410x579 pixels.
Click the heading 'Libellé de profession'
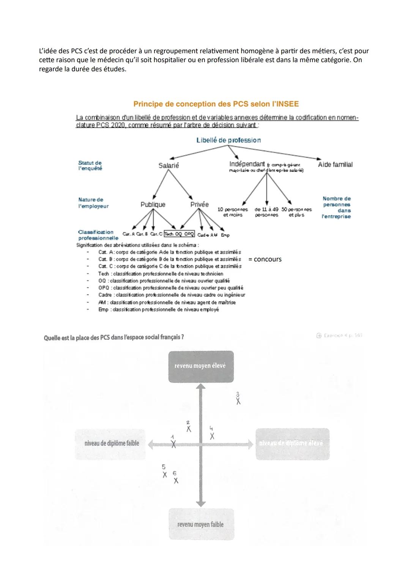pos(229,140)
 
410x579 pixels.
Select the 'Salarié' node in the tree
pos(169,166)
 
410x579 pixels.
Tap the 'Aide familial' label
pos(335,165)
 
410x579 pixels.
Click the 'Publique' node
pos(153,204)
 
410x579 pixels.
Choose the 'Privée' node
pos(199,204)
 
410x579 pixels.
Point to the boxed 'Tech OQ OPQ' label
pos(179,234)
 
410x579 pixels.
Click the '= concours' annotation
pos(265,259)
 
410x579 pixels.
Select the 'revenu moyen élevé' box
pos(201,366)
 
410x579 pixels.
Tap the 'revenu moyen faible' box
pos(201,524)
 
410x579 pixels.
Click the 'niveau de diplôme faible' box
pos(112,443)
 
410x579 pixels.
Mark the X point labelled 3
pos(238,402)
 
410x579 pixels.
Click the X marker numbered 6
pos(176,481)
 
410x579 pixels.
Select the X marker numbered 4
pos(212,436)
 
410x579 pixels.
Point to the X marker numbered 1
pos(173,444)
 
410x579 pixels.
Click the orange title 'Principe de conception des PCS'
pos(216,104)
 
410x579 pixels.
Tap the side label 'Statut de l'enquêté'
pos(90,166)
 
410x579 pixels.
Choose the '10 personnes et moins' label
pos(232,212)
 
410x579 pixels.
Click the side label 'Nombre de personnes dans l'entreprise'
pos(336,207)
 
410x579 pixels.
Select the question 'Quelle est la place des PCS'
pos(114,337)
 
